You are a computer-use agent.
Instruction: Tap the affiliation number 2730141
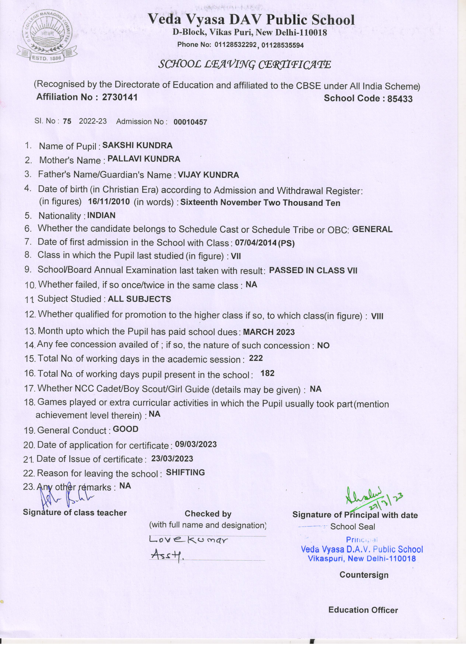click(x=120, y=97)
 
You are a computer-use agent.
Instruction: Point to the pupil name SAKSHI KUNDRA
click(x=137, y=146)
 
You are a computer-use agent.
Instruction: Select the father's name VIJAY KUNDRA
click(x=208, y=175)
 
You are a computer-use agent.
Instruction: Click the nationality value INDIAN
click(x=101, y=215)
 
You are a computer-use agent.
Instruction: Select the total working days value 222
click(x=256, y=358)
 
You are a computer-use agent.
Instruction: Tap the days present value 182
click(x=267, y=373)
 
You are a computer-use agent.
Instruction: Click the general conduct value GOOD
click(x=125, y=429)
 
